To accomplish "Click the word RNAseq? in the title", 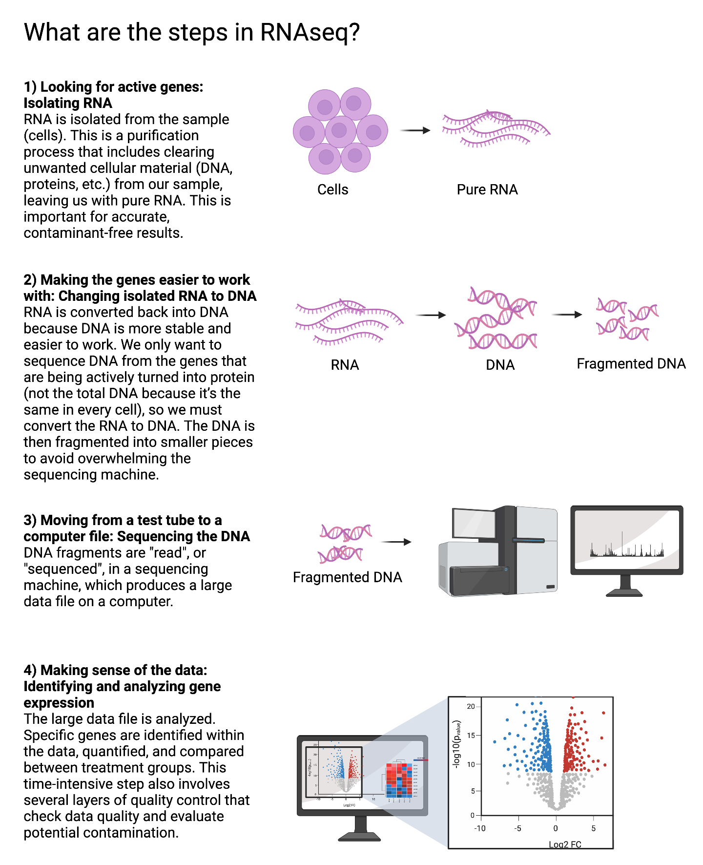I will (310, 33).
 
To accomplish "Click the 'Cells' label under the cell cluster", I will (332, 190).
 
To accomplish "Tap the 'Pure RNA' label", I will (487, 190).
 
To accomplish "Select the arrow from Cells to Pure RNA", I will (415, 130).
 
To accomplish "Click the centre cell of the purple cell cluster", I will (340, 131).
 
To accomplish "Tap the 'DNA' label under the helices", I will (500, 365).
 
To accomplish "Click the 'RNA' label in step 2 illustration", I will (345, 365).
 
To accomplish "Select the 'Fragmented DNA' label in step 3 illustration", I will (347, 577).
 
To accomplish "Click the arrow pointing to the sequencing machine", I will (396, 542).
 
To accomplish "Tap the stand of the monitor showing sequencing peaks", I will (624, 586).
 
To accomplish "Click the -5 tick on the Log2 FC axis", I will (518, 828).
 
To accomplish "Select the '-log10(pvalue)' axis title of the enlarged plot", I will (457, 744).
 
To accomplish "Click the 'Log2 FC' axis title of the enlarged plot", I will (565, 844).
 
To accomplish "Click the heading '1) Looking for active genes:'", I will (113, 87).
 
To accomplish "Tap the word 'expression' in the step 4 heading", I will (59, 703).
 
